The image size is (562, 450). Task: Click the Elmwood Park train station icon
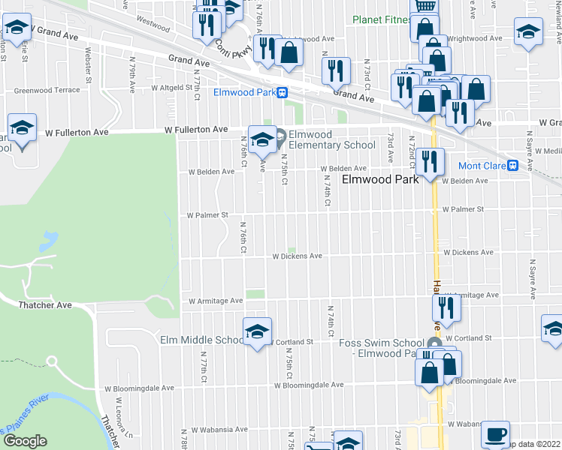point(281,93)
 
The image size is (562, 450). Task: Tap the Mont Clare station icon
point(512,165)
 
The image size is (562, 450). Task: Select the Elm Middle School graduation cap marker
point(257,331)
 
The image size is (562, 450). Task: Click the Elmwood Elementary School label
point(331,140)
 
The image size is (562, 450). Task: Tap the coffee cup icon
point(495,433)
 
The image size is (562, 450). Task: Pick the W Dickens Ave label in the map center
point(297,256)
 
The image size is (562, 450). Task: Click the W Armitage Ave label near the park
point(216,301)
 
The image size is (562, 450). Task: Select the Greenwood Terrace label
point(46,90)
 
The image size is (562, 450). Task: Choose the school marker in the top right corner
point(528,31)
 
